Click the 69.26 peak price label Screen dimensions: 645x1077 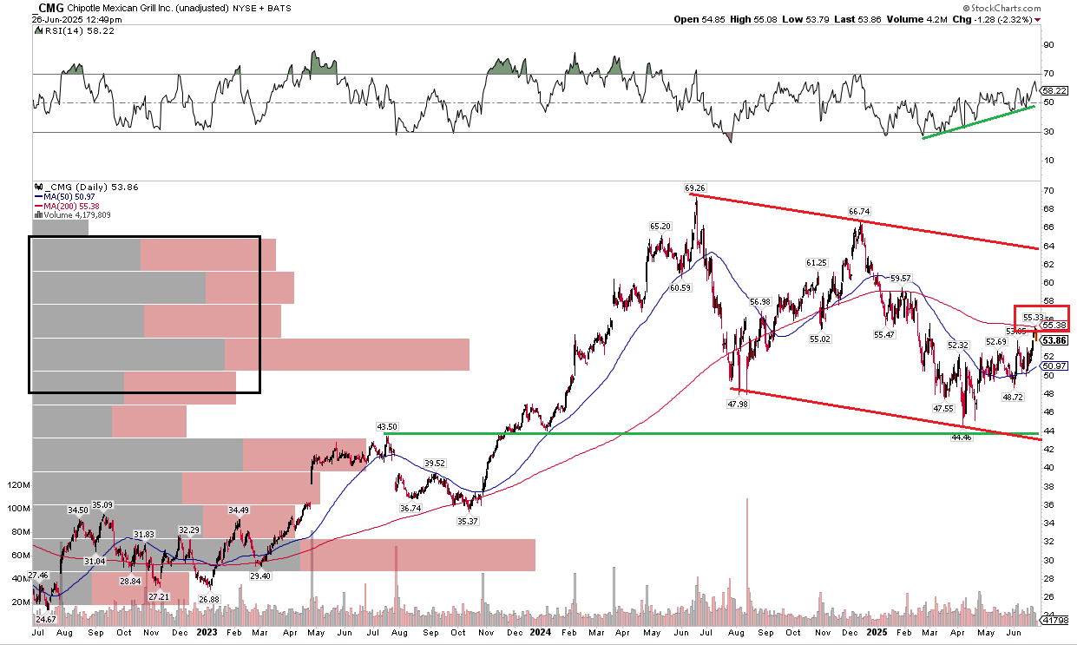tap(696, 187)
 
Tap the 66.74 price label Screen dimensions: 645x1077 tap(858, 211)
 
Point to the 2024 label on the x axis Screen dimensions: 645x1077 tap(541, 633)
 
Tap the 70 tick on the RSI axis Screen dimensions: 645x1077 tap(1048, 74)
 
